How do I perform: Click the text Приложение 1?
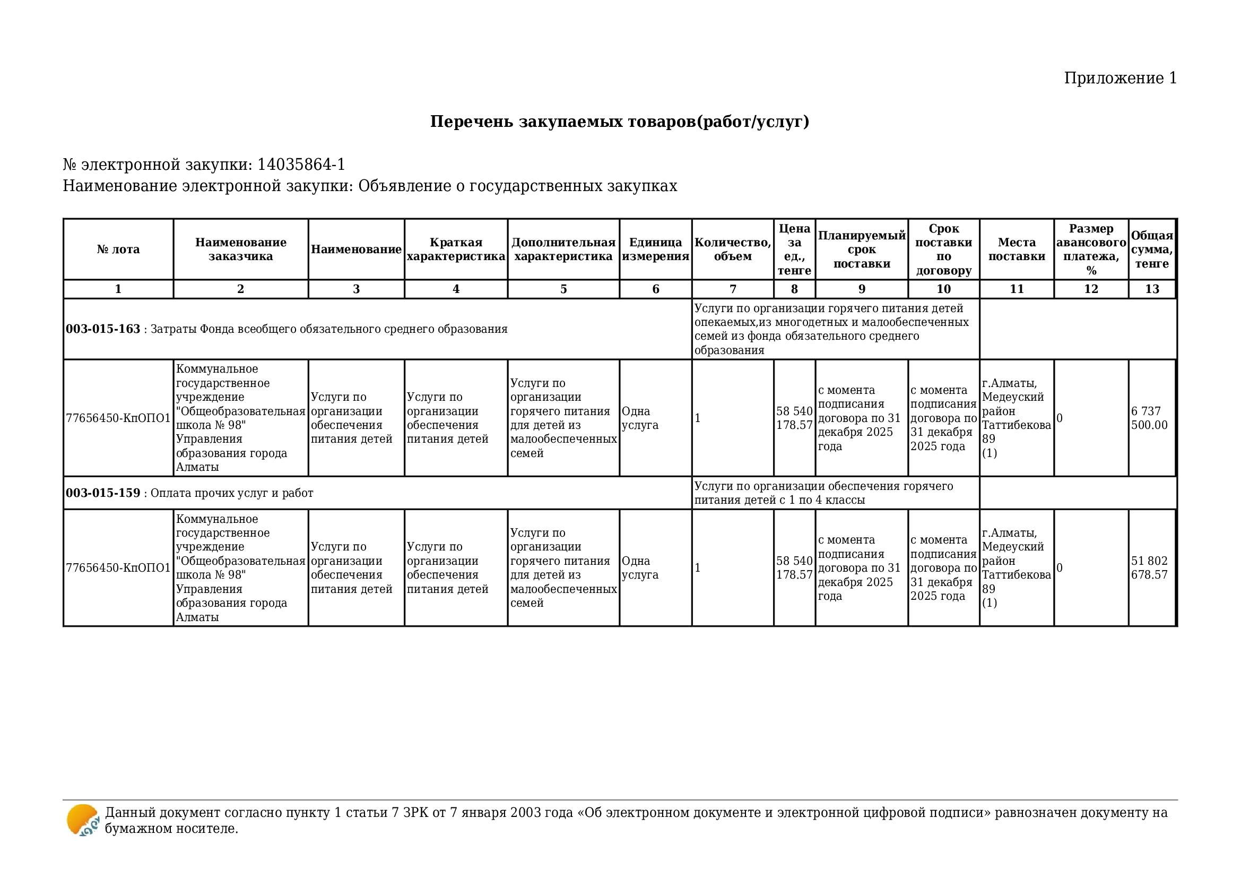tap(1120, 79)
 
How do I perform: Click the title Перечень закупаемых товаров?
tap(619, 122)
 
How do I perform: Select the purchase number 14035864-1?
tap(301, 165)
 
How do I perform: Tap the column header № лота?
tap(118, 249)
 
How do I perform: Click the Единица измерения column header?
tap(655, 249)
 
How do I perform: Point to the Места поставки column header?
tap(1016, 249)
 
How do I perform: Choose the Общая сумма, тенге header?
tap(1152, 249)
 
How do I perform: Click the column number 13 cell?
tap(1152, 289)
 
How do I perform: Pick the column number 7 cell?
tap(732, 289)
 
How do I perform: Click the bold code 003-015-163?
tap(103, 329)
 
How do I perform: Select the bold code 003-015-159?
tap(103, 493)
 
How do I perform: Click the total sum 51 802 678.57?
tap(1149, 567)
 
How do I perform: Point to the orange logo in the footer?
tap(83, 820)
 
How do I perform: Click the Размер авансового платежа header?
tap(1091, 249)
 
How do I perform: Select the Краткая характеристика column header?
tap(456, 249)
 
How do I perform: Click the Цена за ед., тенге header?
tap(794, 249)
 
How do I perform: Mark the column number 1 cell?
tap(118, 289)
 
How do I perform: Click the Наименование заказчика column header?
tap(240, 249)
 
